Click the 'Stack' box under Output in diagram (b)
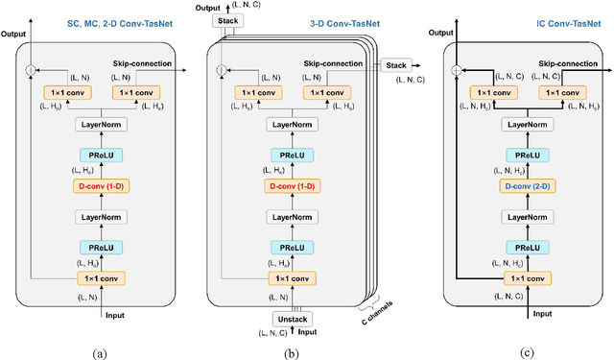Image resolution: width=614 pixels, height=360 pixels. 227,18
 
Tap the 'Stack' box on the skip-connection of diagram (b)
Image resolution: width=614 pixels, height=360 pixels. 396,64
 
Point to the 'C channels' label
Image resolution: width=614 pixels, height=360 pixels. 376,316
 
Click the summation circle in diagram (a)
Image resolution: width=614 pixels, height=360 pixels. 30,70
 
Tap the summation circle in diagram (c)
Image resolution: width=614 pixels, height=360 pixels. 457,70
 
